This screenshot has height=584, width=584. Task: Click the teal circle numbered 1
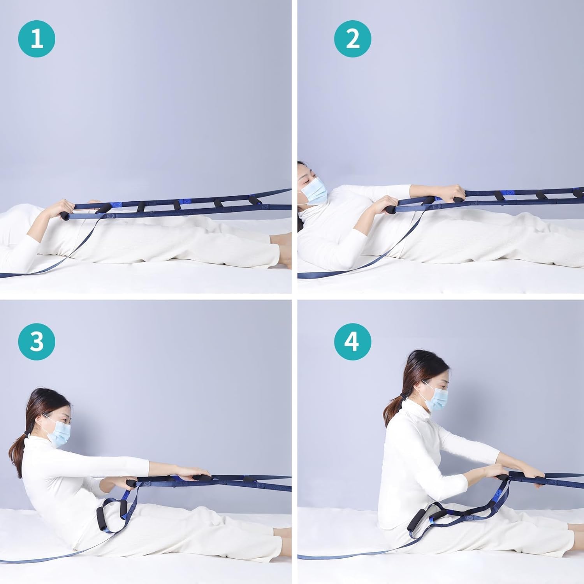(x=37, y=39)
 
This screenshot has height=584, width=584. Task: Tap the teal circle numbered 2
(x=353, y=39)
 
